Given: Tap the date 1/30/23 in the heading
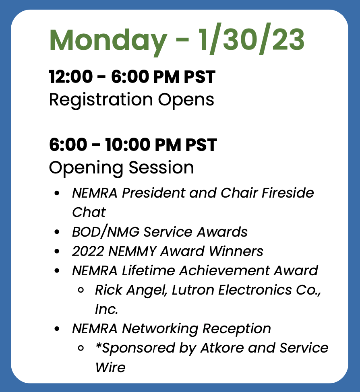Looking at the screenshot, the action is pos(251,39).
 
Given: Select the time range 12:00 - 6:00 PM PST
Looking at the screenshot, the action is pos(132,77).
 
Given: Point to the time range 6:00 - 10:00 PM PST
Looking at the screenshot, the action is pos(133,145).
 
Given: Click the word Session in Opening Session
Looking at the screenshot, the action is pos(161,167).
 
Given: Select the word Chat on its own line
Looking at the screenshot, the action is pos(89,212).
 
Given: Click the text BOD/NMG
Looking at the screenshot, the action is pos(106,232).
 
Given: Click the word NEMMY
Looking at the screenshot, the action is pos(132,251).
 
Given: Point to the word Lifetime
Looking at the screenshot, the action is pos(148,270).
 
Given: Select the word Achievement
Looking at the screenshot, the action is pos(224,270).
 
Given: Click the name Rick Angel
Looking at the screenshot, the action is pos(131,291).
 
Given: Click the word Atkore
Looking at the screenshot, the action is pos(222,348).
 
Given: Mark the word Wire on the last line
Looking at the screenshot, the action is pos(110,367).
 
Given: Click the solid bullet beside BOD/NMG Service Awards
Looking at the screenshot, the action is pos(57,232).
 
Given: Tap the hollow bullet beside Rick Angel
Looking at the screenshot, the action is pos(81,290).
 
